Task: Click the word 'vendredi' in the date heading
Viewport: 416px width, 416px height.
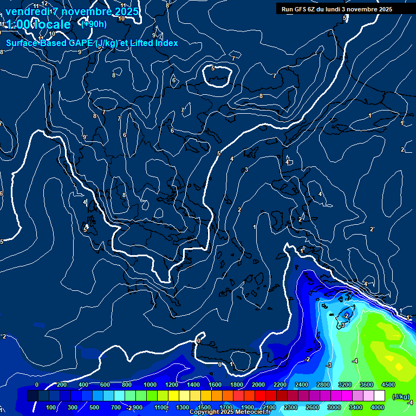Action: click(x=27, y=11)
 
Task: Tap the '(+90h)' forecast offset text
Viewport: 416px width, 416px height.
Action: click(x=93, y=24)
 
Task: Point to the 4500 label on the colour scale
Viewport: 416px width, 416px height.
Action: click(x=388, y=385)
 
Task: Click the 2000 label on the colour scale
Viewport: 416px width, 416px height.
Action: click(x=258, y=385)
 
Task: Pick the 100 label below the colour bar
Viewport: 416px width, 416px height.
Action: click(x=51, y=407)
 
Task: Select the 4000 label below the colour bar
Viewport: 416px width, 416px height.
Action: click(x=378, y=407)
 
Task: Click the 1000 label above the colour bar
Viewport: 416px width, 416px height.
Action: click(x=150, y=385)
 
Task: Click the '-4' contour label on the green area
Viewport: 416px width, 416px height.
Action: click(x=355, y=361)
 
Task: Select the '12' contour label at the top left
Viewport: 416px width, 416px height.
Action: click(x=44, y=4)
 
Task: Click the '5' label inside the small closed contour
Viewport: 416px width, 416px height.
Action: click(x=213, y=69)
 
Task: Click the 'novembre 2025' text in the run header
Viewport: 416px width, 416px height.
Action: click(x=371, y=9)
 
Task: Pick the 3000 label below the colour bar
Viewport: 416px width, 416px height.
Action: click(x=334, y=407)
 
